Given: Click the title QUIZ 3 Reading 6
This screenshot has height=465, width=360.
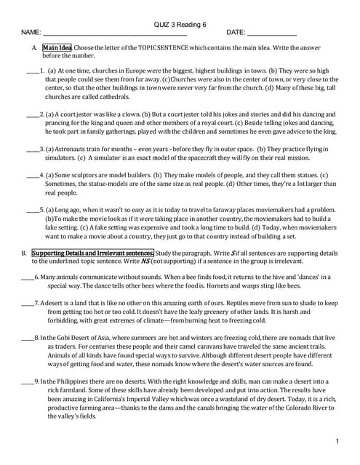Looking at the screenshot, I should click(x=180, y=24).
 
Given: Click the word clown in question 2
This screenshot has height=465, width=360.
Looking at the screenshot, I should click(x=126, y=115).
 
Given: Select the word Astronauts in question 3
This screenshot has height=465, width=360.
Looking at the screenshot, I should click(x=73, y=148).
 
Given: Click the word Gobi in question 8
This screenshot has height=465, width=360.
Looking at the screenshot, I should click(x=63, y=338).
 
